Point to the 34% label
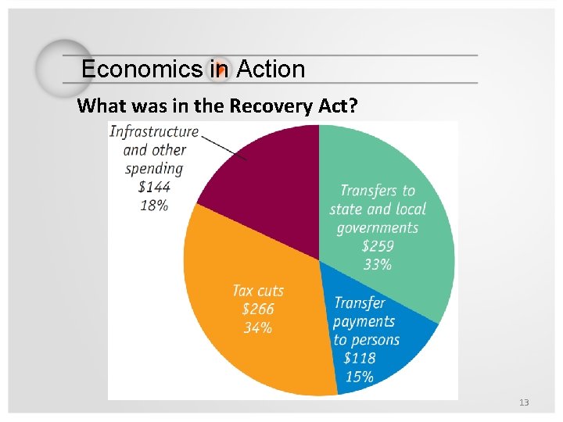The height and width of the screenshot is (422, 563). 257,328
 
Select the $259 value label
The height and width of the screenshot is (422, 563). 377,246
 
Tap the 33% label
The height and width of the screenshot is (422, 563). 377,265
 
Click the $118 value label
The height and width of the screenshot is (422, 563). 359,358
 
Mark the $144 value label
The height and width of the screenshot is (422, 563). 154,187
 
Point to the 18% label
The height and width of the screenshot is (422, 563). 154,205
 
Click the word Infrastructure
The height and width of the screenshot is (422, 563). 154,131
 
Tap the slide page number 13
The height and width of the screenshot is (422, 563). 524,402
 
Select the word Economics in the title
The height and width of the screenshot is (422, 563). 142,70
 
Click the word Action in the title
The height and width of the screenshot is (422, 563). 271,70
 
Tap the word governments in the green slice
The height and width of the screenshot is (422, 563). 378,227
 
